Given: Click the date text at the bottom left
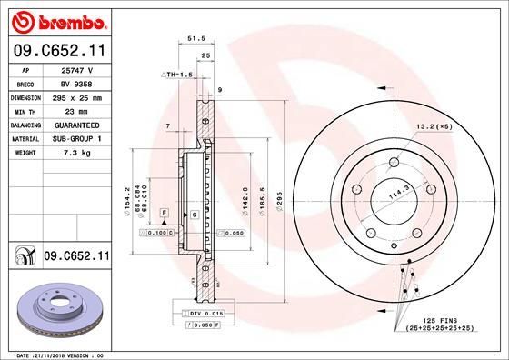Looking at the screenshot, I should tap(55, 354).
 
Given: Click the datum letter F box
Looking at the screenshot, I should tap(164, 211).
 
